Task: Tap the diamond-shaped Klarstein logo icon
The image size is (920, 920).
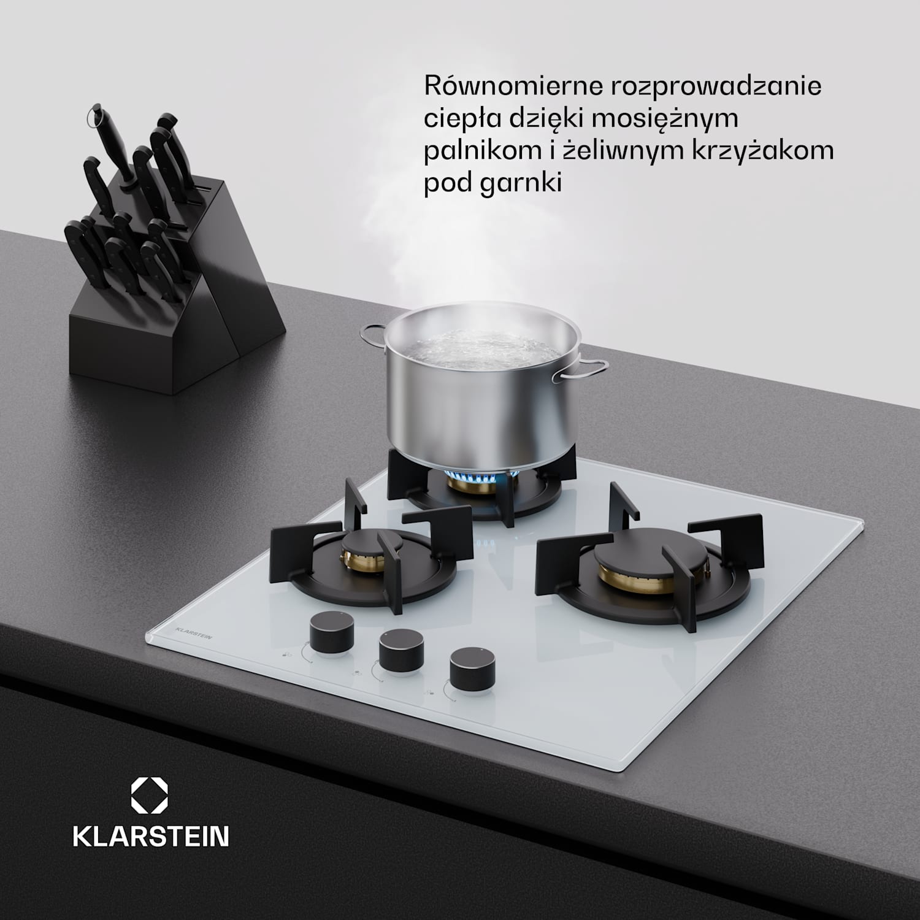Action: click(150, 796)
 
